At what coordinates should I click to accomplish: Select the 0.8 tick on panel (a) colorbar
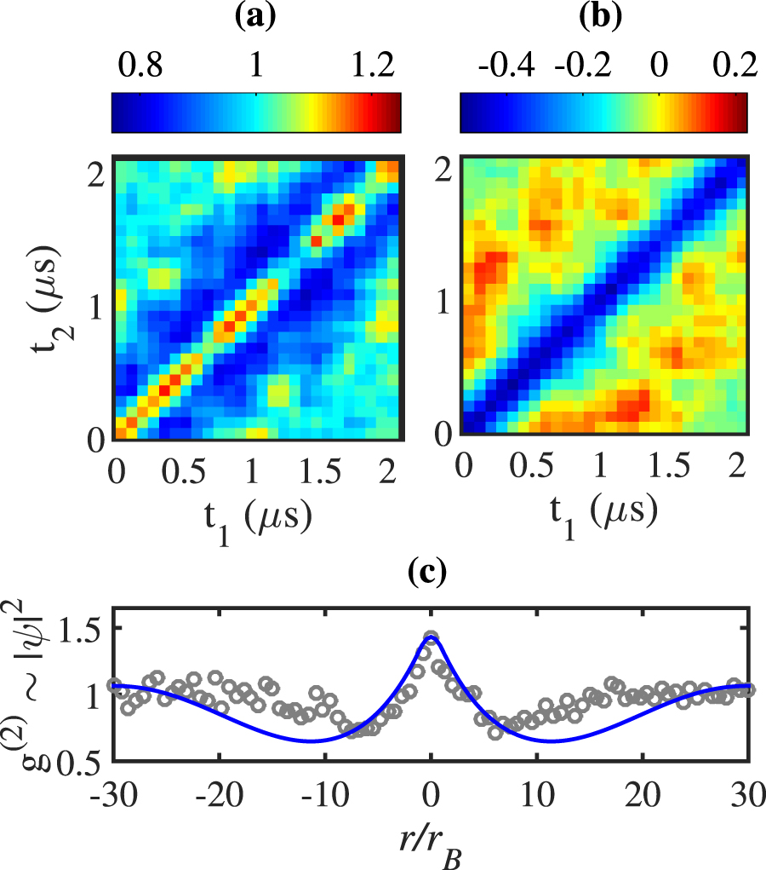click(141, 66)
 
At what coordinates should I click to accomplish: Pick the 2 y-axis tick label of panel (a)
click(96, 175)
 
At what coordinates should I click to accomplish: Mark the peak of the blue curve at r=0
click(431, 637)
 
